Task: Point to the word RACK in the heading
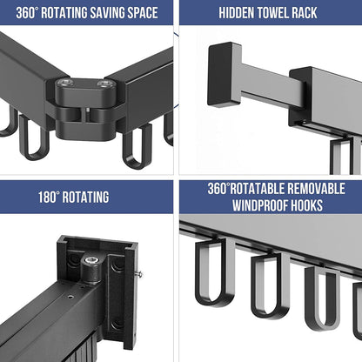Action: tap(305, 13)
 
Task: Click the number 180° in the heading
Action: tap(49, 198)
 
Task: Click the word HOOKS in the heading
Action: tap(307, 205)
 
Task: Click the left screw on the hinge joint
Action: tap(64, 84)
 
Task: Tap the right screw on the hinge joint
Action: tap(104, 84)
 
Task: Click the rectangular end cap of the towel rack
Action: tap(225, 75)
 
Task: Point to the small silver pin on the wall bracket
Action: tap(139, 273)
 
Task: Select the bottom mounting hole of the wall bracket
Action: tap(117, 324)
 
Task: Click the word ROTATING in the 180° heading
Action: tap(85, 198)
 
